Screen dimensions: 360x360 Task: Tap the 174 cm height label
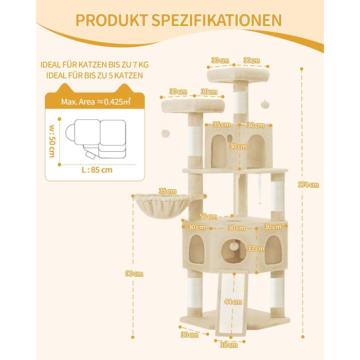coord(311,185)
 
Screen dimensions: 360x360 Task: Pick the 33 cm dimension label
coord(252,248)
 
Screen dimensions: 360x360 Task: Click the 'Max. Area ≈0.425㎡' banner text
coord(95,102)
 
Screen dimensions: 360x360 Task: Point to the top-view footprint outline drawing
coord(95,138)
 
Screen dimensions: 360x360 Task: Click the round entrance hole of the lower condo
coord(235,250)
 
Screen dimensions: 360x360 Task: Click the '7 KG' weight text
coord(137,65)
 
